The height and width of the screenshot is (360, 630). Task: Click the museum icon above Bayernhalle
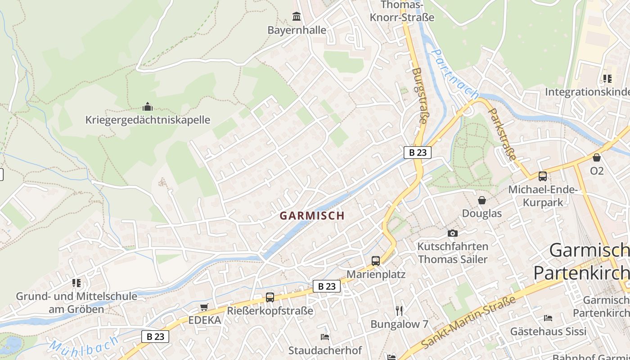[x=297, y=17]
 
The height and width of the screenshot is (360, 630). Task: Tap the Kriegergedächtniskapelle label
[x=148, y=120]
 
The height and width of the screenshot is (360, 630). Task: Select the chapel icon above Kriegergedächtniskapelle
[x=148, y=107]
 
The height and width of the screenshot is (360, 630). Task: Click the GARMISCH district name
[x=312, y=216]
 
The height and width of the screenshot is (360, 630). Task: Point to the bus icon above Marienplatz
[x=375, y=261]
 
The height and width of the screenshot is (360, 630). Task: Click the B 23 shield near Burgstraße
[x=417, y=153]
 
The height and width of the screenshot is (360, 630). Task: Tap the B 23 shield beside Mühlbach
[x=155, y=336]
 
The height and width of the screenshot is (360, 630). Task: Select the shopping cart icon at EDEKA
[x=204, y=307]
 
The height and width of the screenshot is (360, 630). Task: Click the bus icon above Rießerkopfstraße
[x=270, y=297]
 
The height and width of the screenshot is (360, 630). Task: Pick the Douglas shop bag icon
[x=482, y=200]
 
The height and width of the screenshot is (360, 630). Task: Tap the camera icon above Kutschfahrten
[x=453, y=233]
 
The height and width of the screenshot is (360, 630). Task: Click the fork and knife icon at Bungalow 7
[x=399, y=310]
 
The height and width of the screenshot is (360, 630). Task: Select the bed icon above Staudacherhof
[x=325, y=337]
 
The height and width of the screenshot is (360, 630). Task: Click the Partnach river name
[x=455, y=74]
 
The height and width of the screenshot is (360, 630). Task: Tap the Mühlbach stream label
[x=84, y=346]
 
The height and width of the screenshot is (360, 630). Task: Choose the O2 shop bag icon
[x=597, y=157]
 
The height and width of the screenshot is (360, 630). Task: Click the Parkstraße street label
[x=502, y=134]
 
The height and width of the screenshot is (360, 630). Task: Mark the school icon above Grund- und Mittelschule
[x=76, y=283]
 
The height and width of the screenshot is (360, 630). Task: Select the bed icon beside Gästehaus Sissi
[x=548, y=318]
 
